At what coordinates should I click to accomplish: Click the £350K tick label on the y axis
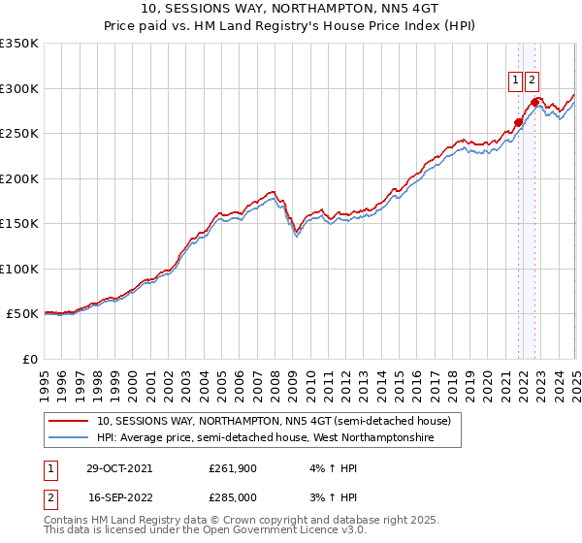19,44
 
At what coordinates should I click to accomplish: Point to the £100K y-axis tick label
19,269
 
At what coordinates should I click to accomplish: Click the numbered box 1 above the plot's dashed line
515,81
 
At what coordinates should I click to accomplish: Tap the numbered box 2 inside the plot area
533,81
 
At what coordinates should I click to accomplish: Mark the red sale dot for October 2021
519,122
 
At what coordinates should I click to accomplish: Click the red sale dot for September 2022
534,101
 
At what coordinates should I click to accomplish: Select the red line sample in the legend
70,422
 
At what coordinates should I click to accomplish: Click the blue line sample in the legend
70,438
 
